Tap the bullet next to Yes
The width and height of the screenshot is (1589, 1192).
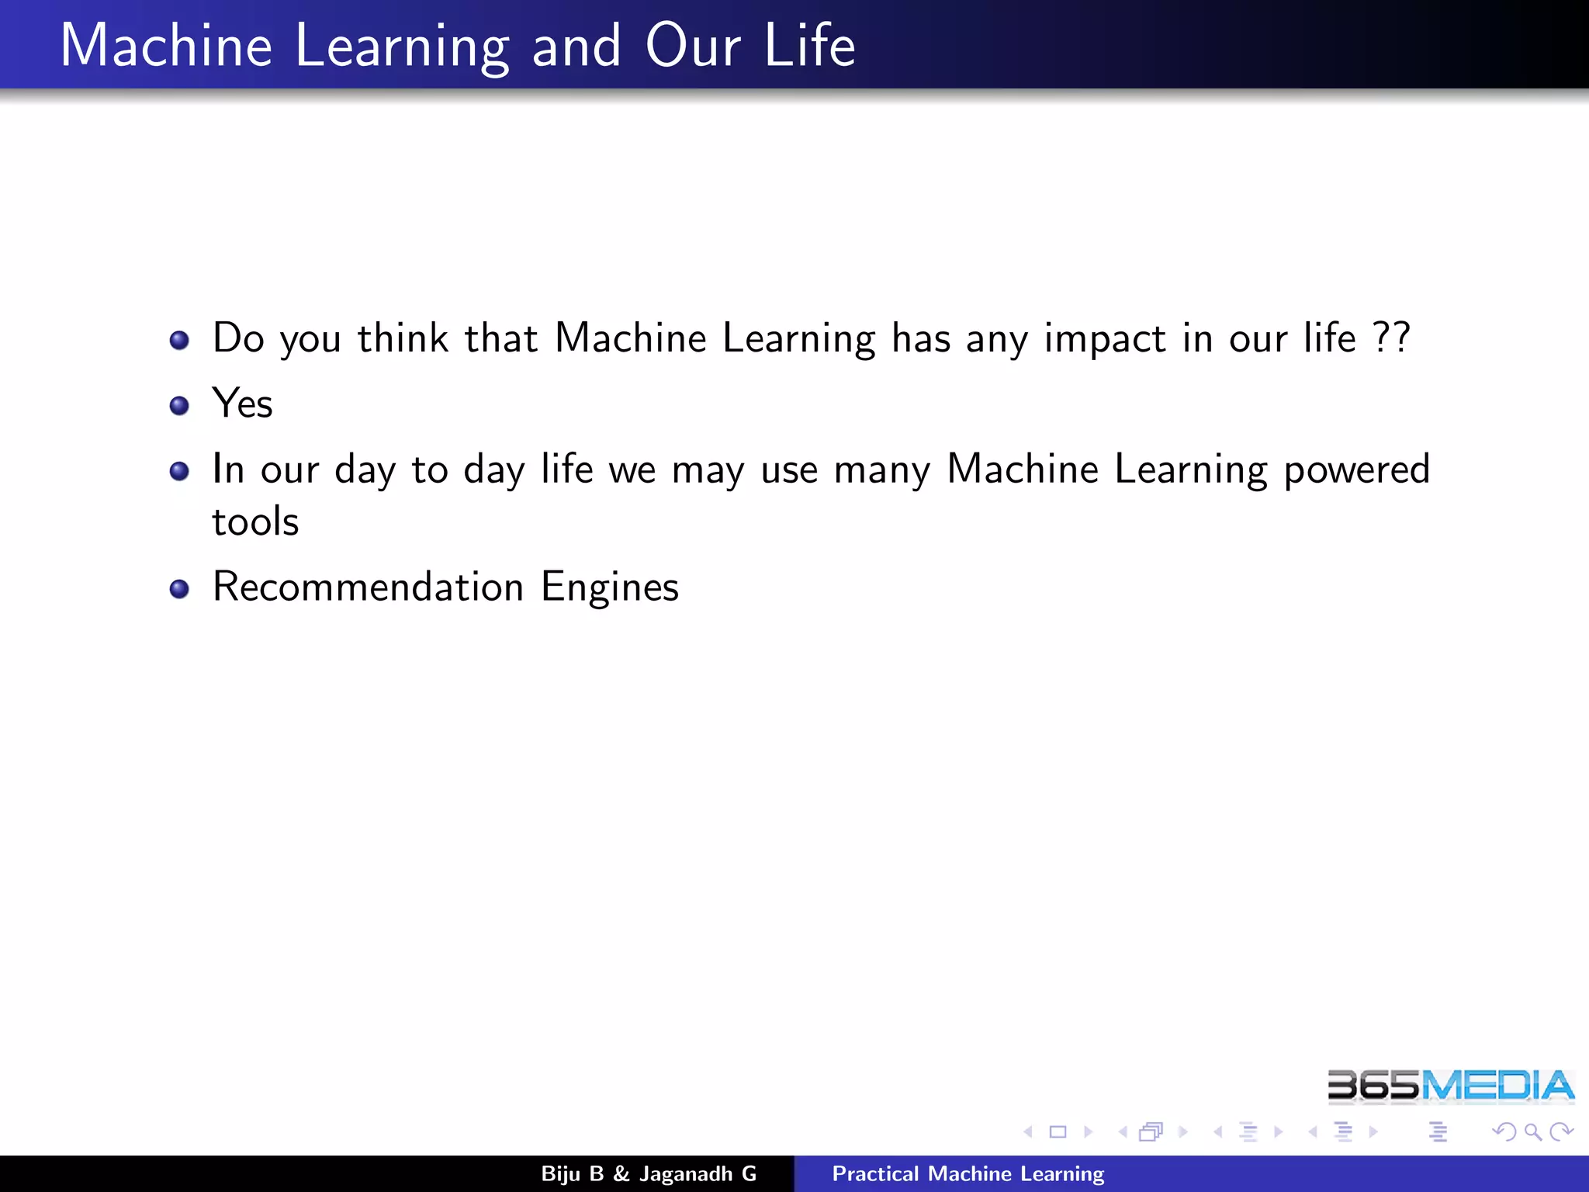pyautogui.click(x=179, y=405)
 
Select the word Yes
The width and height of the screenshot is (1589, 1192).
pyautogui.click(x=242, y=404)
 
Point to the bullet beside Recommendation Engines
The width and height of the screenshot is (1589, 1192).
pyautogui.click(x=179, y=589)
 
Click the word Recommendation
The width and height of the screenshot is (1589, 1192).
pyautogui.click(x=368, y=587)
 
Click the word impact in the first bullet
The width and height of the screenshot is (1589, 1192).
pyautogui.click(x=1104, y=339)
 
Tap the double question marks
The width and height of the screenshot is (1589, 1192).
pyautogui.click(x=1391, y=338)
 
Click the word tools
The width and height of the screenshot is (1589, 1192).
pyautogui.click(x=255, y=521)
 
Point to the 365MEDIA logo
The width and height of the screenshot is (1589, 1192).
pyautogui.click(x=1450, y=1086)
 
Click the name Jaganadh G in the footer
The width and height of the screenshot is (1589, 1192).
pyautogui.click(x=698, y=1174)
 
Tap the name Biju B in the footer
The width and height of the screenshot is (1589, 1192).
pyautogui.click(x=572, y=1174)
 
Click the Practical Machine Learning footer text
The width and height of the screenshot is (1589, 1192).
pyautogui.click(x=968, y=1174)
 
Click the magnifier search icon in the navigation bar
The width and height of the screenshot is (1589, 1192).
pyautogui.click(x=1532, y=1132)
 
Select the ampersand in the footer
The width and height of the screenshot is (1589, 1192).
pyautogui.click(x=621, y=1174)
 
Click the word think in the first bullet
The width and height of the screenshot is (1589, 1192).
pyautogui.click(x=403, y=338)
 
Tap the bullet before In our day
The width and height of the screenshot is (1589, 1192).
pyautogui.click(x=179, y=471)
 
